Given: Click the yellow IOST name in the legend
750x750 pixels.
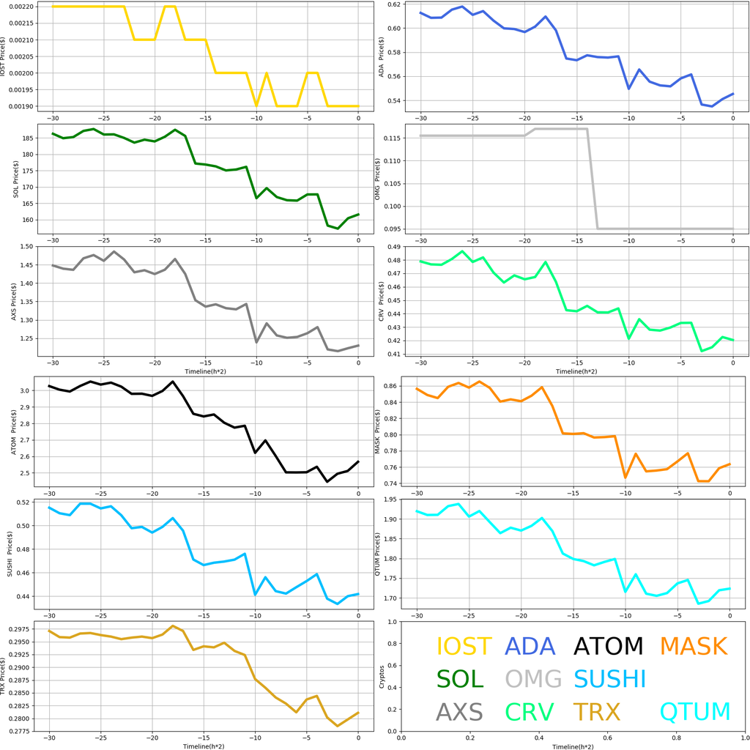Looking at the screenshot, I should click(x=464, y=647).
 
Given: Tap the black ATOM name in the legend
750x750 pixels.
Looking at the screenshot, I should click(x=608, y=647).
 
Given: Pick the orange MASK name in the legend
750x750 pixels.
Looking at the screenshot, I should click(x=693, y=647).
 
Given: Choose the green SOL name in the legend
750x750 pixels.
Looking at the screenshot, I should click(x=460, y=679).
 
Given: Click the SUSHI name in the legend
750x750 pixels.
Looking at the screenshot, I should click(x=609, y=679).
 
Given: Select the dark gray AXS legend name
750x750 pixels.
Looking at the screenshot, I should click(x=459, y=712).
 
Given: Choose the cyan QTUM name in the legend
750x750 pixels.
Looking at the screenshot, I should click(x=695, y=712).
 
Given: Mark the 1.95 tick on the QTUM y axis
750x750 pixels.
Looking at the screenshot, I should click(x=390, y=500).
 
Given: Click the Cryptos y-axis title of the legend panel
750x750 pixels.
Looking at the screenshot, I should click(x=380, y=677).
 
